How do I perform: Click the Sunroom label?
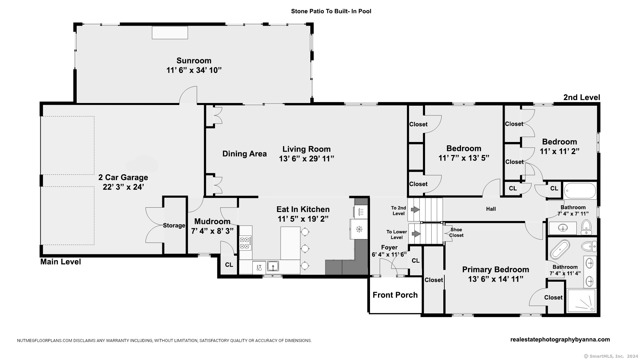(194, 61)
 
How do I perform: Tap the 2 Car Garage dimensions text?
(123, 187)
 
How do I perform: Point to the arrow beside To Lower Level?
(416, 234)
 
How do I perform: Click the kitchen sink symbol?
(273, 266)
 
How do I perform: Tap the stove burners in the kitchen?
(245, 243)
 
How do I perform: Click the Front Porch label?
(395, 295)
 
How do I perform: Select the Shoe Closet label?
(456, 232)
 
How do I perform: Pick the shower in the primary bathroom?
(581, 301)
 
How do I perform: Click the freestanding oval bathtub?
(560, 249)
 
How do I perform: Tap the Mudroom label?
(212, 221)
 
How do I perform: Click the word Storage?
(174, 226)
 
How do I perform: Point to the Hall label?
(491, 209)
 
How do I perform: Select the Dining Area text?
(244, 154)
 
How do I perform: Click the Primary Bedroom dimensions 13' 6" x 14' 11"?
(495, 279)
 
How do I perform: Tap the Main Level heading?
(61, 262)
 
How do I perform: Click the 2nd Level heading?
(582, 97)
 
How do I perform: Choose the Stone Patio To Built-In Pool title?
(331, 11)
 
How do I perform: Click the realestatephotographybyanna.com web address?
(560, 340)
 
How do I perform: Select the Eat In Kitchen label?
(303, 209)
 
